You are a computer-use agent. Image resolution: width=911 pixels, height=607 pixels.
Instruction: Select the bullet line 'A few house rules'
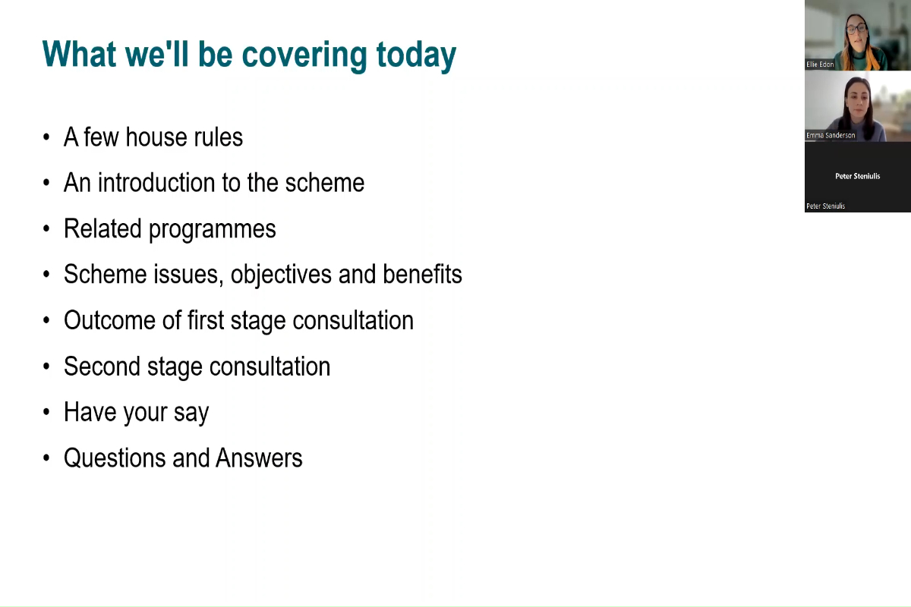tap(153, 137)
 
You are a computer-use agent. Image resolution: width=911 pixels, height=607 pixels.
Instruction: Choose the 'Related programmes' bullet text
tap(169, 229)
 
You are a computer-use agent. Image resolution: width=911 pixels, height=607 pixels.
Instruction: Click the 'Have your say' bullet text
tap(136, 413)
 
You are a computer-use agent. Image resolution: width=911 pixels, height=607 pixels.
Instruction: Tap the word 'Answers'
tap(259, 458)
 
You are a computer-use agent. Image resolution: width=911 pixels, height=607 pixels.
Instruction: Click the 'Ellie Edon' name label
tap(820, 64)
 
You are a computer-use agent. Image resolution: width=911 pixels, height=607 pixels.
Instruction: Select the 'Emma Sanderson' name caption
tap(831, 135)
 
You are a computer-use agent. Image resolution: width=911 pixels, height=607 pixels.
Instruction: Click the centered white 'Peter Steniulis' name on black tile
tap(857, 176)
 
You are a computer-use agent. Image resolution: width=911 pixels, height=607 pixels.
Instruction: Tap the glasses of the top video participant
tap(856, 29)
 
